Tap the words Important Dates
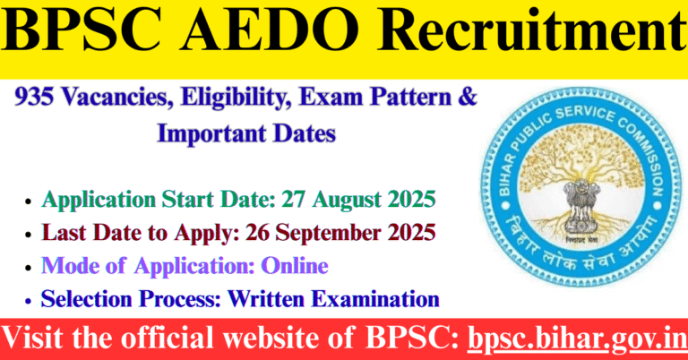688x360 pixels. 246,134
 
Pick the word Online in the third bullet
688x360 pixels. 297,266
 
